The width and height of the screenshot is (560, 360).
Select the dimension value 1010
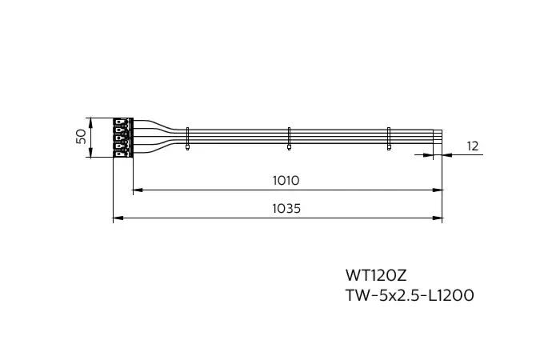(x=286, y=181)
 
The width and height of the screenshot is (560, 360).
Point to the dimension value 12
(x=472, y=146)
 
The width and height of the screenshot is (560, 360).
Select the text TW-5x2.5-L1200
(x=409, y=296)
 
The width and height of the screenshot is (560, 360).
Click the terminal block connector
(x=122, y=138)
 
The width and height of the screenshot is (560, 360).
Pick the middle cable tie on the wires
(x=289, y=138)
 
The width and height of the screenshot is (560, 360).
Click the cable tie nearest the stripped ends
(x=389, y=138)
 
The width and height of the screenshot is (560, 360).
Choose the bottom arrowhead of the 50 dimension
(x=91, y=154)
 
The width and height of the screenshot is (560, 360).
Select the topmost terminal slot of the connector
(x=120, y=123)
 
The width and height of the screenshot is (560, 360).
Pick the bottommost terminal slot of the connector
(x=120, y=152)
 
